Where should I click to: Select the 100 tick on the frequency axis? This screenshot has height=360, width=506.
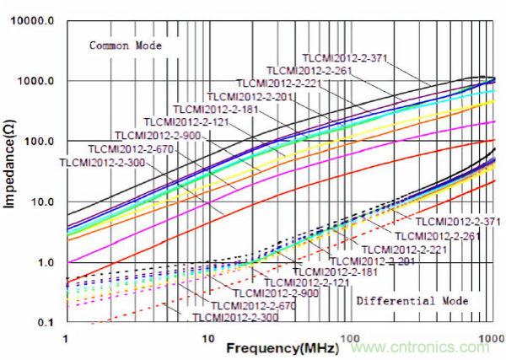[x=346, y=337]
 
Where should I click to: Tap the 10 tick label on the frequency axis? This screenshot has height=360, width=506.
[x=206, y=337]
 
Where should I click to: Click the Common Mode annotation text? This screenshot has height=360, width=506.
[x=126, y=45]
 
